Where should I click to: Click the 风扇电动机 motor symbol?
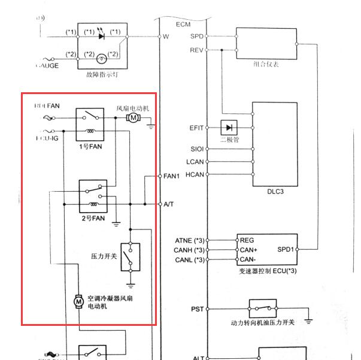click(134, 118)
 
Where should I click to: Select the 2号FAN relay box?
click(93, 196)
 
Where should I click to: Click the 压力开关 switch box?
click(130, 257)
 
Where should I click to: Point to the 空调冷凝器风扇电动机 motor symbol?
click(78, 301)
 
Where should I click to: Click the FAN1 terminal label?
click(172, 176)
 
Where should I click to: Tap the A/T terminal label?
click(169, 204)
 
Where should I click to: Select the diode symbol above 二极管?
click(228, 128)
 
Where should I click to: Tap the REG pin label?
click(247, 240)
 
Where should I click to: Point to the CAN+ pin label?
click(249, 250)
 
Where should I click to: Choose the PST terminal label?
click(197, 309)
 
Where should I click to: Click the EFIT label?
click(196, 128)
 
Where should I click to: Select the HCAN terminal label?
click(195, 174)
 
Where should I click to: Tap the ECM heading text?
click(183, 24)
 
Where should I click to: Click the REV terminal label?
click(196, 50)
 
